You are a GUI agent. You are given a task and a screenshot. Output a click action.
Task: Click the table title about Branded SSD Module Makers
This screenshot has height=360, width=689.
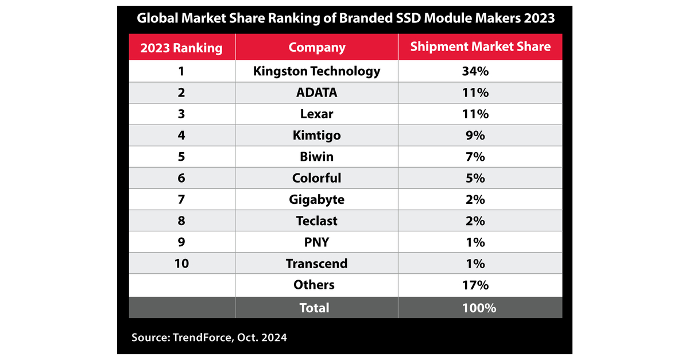[345, 18]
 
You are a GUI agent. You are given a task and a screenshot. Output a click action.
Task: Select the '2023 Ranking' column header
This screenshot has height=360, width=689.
[181, 48]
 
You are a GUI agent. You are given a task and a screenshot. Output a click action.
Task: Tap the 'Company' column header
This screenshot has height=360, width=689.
[317, 48]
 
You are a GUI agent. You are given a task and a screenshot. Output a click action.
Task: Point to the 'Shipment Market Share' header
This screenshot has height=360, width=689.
[480, 47]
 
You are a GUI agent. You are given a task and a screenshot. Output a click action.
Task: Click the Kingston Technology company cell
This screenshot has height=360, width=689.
[317, 71]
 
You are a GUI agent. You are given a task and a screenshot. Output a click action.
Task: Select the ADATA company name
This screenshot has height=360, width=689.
[317, 92]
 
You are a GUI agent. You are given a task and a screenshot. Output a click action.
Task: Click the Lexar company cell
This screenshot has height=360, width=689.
[317, 114]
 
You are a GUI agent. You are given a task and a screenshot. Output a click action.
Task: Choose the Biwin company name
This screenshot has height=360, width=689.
[317, 157]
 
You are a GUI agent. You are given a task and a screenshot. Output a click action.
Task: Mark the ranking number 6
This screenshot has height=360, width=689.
[181, 178]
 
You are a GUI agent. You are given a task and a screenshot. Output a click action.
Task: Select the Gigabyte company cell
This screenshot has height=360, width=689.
[317, 200]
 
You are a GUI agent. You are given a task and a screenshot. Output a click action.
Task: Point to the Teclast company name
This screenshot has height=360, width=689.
[317, 221]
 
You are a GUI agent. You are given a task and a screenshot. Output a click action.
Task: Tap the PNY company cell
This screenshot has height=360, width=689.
[317, 242]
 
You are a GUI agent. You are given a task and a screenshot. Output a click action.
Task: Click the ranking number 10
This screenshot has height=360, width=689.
[181, 264]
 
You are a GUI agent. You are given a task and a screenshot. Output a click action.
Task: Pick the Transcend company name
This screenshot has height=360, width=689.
[317, 264]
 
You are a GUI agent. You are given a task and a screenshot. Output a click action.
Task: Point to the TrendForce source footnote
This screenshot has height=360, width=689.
[209, 338]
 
